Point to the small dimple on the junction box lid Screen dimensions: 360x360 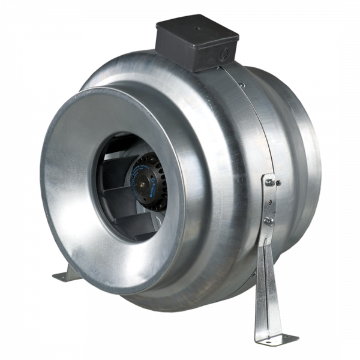[x=198, y=26]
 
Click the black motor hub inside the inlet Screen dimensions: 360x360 [x=148, y=179]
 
